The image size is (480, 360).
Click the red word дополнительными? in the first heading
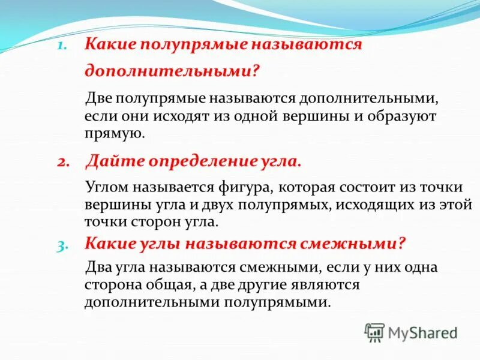tap(172, 71)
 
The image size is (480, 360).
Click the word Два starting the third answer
tap(98, 267)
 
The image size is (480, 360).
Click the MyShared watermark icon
tap(375, 332)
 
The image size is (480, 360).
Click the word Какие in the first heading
tap(107, 46)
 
